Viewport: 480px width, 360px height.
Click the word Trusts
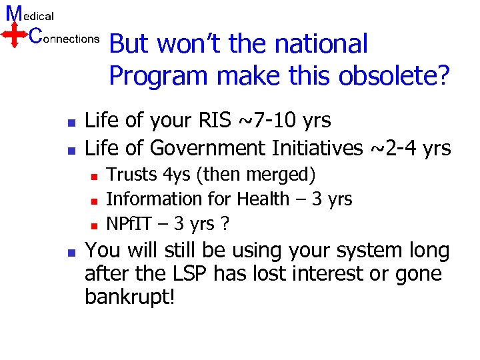coord(132,175)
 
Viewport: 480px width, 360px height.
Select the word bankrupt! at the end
coord(129,297)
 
